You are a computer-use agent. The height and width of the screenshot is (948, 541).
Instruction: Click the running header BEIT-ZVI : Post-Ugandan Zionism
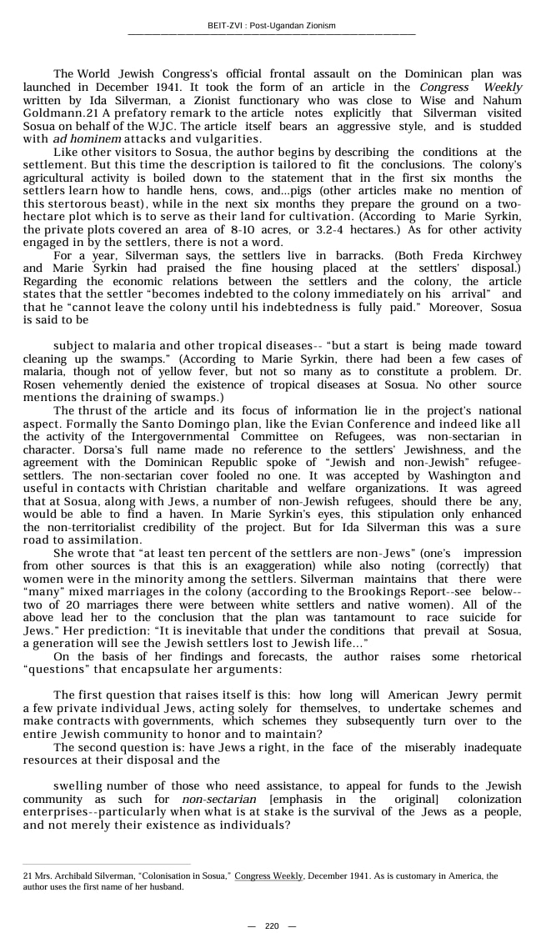(271, 26)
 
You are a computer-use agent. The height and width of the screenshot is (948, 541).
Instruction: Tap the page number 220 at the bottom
(272, 926)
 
